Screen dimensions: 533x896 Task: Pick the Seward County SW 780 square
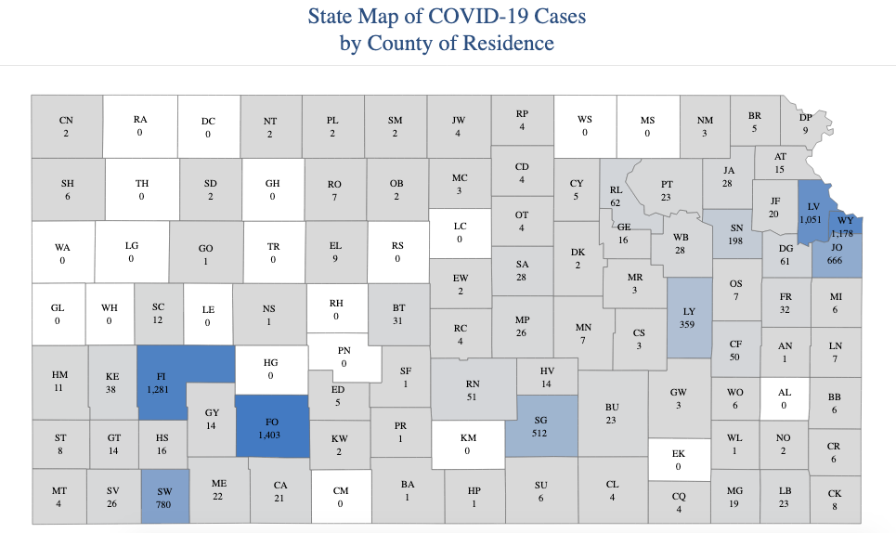click(165, 497)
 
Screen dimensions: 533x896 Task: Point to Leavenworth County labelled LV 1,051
click(813, 213)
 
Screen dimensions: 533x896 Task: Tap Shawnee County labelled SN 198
click(735, 234)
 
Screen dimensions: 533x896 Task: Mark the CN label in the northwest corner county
click(66, 121)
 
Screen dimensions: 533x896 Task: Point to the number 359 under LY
click(689, 325)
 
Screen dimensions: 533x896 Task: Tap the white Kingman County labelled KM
click(467, 445)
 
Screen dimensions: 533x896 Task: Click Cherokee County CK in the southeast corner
click(833, 500)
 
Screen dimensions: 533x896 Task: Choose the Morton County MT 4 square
click(59, 497)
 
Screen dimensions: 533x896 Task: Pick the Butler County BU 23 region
click(611, 413)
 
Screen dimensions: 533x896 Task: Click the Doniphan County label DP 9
click(805, 124)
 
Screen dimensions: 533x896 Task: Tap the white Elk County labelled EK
click(678, 460)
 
